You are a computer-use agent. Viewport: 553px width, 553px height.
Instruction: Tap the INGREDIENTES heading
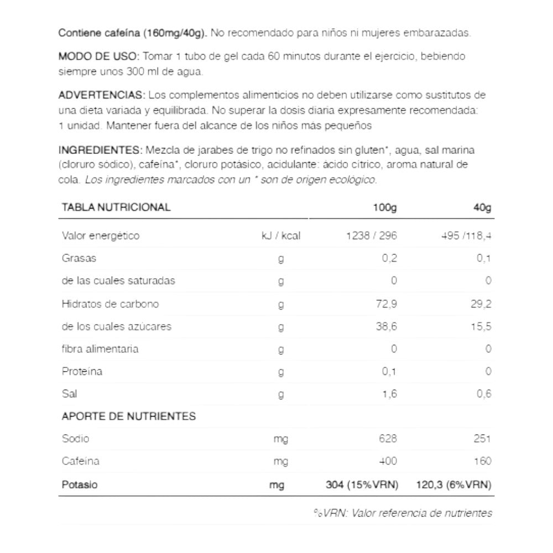100,150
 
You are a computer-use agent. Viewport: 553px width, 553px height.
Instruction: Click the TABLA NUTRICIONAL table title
116,207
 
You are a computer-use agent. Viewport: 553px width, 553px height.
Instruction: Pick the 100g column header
385,208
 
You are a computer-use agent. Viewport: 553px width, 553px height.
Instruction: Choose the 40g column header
482,208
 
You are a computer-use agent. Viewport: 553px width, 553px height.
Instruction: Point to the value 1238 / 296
371,236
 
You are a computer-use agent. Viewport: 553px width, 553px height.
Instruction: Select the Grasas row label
79,258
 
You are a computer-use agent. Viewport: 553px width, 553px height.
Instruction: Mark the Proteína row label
82,372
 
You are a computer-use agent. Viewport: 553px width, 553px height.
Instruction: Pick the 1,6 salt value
389,394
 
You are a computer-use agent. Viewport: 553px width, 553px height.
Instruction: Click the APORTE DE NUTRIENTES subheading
128,416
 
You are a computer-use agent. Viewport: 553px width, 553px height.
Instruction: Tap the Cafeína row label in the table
81,461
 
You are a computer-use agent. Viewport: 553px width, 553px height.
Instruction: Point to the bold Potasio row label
80,484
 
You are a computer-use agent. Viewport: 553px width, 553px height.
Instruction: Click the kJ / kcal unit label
281,236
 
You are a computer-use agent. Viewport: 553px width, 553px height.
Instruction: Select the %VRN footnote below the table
402,513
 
